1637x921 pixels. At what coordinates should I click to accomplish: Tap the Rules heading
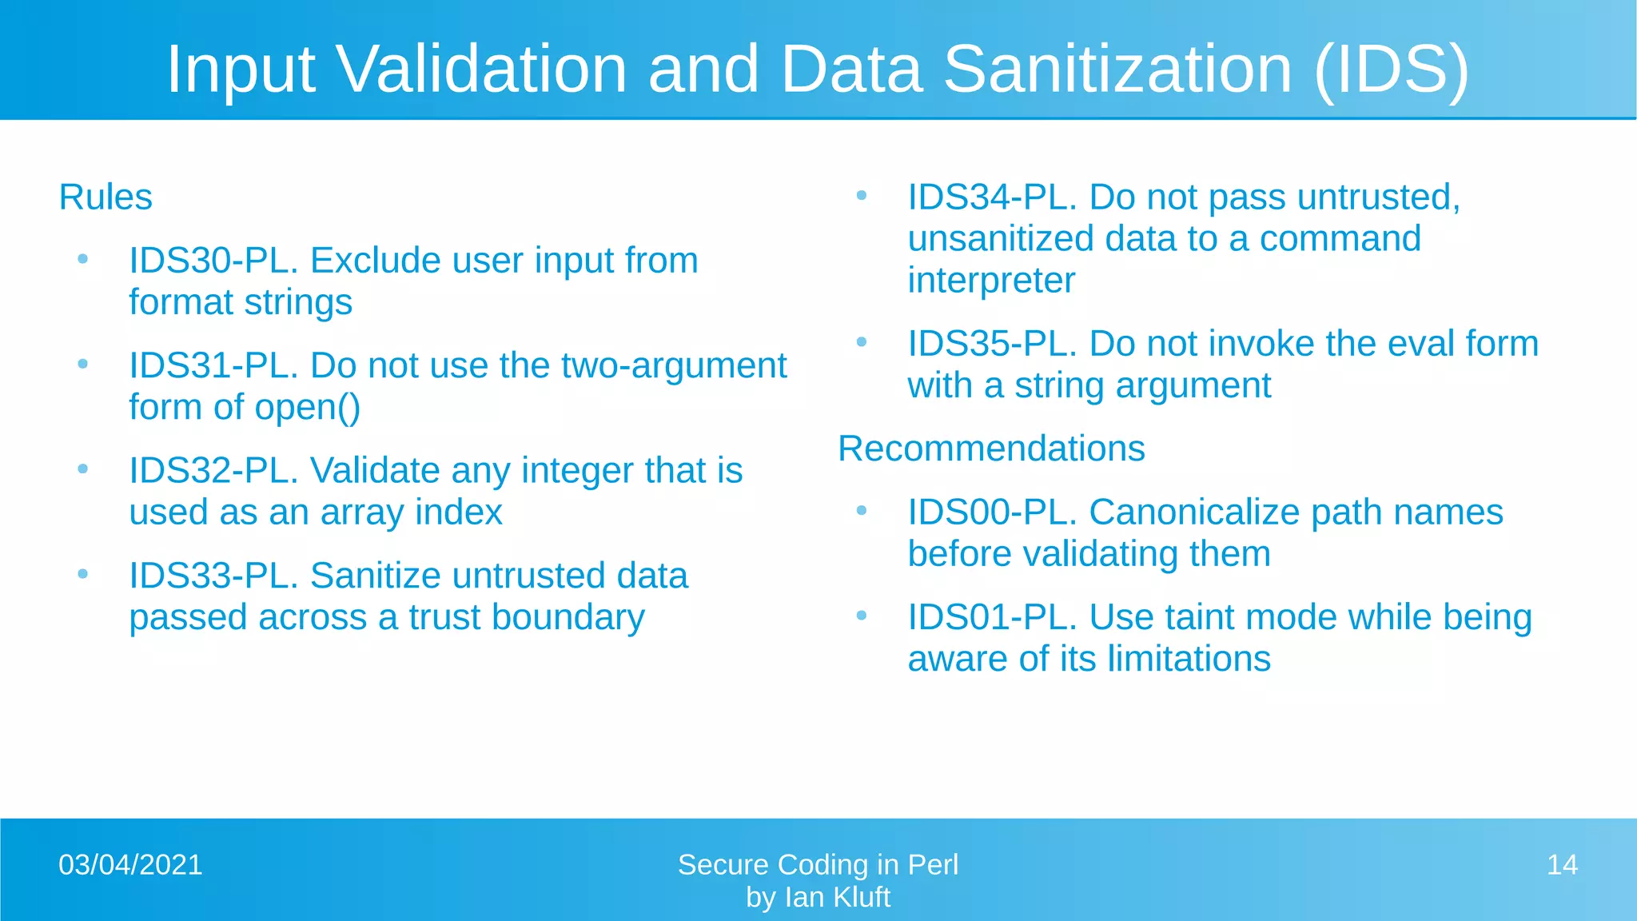coord(106,197)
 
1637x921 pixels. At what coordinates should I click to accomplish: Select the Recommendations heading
coord(991,449)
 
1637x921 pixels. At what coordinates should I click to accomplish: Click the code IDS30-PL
coord(213,261)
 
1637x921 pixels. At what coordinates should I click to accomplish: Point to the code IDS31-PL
coord(213,366)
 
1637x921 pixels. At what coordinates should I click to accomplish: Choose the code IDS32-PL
coord(213,471)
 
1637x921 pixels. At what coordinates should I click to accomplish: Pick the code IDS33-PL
coord(213,576)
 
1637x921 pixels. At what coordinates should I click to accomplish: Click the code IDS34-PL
coord(992,197)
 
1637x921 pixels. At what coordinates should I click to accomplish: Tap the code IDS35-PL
coord(992,344)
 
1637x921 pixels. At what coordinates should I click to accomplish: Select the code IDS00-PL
coord(992,512)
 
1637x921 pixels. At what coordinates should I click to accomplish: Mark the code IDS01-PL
coord(992,617)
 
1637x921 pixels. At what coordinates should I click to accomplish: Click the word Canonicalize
coord(1194,512)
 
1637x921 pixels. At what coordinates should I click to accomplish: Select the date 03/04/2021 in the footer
coord(130,865)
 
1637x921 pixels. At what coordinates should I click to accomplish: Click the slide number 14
coord(1561,865)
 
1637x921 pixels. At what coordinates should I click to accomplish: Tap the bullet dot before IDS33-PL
coord(82,574)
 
